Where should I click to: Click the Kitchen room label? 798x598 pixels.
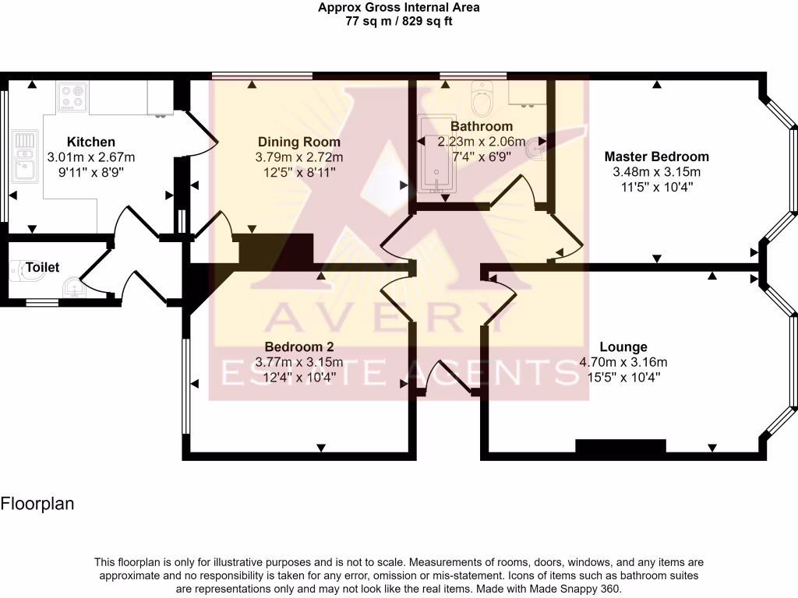(x=91, y=142)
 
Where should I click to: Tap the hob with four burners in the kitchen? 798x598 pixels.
(x=72, y=99)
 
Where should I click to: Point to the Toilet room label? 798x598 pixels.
(x=42, y=267)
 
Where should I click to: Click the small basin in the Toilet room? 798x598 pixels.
(x=72, y=287)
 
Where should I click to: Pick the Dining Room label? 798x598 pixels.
(x=299, y=142)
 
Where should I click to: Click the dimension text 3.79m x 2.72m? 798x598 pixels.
(x=299, y=157)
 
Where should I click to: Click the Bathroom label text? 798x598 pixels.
(x=482, y=126)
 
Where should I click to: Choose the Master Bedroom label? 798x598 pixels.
(x=657, y=157)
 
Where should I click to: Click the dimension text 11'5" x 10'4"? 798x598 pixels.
(x=657, y=187)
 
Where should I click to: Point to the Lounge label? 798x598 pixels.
(x=623, y=346)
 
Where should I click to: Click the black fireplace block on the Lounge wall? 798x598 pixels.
(x=620, y=445)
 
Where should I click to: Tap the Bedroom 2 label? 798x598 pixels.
(x=299, y=346)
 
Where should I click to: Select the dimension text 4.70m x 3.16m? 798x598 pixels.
(x=623, y=361)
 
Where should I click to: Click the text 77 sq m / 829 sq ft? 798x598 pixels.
(x=399, y=22)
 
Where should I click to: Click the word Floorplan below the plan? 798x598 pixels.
(x=37, y=504)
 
